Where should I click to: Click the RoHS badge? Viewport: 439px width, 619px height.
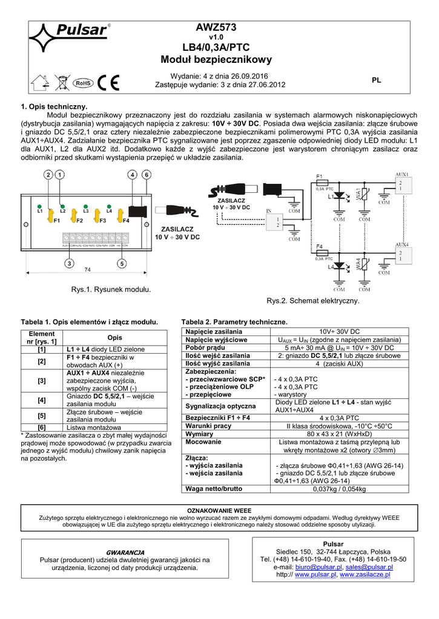(x=82, y=83)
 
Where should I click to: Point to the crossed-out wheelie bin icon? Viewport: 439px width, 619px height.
(x=59, y=83)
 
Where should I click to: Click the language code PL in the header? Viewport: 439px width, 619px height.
(x=376, y=80)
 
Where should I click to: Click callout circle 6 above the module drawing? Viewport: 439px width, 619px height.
(x=146, y=175)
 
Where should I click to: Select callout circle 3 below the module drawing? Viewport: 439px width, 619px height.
(x=69, y=264)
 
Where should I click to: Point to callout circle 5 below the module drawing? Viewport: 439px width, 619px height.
(x=122, y=264)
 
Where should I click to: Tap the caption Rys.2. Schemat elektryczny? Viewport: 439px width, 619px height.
(x=313, y=300)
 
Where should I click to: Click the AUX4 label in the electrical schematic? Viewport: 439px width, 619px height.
(x=401, y=245)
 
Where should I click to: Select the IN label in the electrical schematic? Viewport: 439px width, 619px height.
(x=269, y=212)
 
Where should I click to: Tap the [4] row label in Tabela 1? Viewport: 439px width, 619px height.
(x=41, y=400)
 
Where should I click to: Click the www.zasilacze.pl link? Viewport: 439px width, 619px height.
(x=365, y=575)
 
